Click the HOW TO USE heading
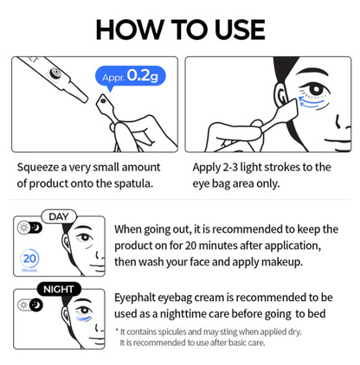180,28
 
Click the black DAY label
57,216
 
